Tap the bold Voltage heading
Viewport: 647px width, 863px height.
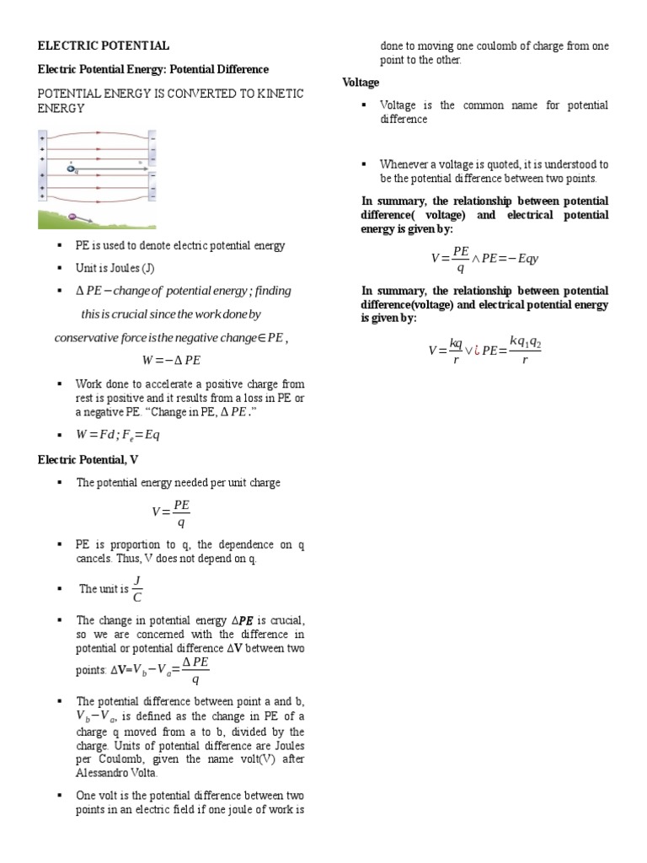361,82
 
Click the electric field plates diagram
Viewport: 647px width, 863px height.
97,179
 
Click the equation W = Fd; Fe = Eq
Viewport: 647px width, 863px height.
118,435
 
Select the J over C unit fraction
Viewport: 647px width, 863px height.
138,589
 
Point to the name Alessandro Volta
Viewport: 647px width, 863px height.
116,773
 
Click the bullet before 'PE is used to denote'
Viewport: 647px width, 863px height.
59,246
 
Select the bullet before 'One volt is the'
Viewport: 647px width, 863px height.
59,796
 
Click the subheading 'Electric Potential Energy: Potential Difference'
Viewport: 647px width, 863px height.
153,69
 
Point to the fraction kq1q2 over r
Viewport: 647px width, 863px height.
524,349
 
